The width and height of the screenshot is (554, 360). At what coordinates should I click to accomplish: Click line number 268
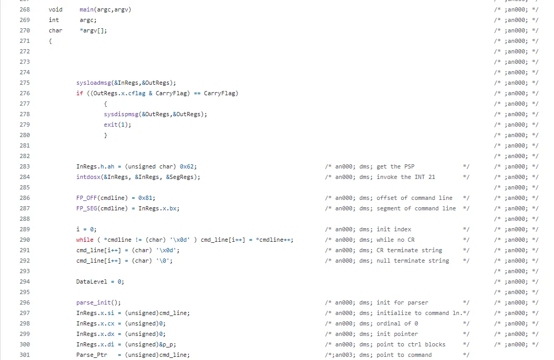coord(25,9)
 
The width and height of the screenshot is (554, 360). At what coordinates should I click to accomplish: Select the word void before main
coord(55,9)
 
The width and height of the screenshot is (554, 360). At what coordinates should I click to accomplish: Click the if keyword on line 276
coord(80,93)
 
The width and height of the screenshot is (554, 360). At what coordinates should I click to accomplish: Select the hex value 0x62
coord(187,166)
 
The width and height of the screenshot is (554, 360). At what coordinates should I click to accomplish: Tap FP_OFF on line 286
coord(87,198)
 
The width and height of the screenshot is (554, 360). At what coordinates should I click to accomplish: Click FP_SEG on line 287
coord(87,208)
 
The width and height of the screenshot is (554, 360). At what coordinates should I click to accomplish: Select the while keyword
coord(85,240)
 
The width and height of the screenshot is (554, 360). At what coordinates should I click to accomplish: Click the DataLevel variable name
coord(92,282)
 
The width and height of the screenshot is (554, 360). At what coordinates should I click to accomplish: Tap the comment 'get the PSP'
coord(395,166)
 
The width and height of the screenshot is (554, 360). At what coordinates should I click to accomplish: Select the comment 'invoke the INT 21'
coord(406,177)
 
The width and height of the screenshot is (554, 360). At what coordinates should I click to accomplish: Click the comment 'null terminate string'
coord(413,261)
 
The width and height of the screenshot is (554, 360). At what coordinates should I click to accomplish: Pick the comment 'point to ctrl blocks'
coord(411,344)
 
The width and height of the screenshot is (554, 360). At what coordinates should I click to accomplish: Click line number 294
coord(25,282)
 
